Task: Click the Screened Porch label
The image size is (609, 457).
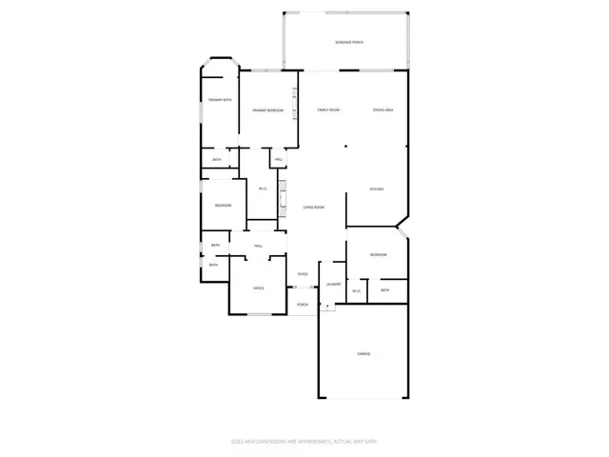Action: point(349,43)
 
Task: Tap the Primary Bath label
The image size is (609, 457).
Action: point(221,100)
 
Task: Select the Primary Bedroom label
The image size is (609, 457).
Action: point(268,110)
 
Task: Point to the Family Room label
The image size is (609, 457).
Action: point(328,110)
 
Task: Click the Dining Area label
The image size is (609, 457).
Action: point(383,110)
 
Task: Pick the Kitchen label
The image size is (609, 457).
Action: point(377,189)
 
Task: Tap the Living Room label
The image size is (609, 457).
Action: point(314,208)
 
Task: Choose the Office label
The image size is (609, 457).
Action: point(258,288)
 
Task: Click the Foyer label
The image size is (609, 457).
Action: point(303,274)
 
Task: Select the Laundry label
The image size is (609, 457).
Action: point(333,284)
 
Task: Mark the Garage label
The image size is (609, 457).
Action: point(363,353)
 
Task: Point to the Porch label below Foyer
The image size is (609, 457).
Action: point(303,305)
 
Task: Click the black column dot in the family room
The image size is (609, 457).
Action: point(345,147)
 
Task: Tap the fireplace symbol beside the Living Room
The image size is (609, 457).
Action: point(283,197)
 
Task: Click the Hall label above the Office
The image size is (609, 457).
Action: point(258,247)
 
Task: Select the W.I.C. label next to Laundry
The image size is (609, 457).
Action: point(357,290)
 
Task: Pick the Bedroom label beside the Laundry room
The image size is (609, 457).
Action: point(378,254)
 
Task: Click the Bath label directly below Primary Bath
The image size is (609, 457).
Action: point(217,160)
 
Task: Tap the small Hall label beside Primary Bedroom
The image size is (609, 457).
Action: point(279,160)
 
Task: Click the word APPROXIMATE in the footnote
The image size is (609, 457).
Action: point(306,441)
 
